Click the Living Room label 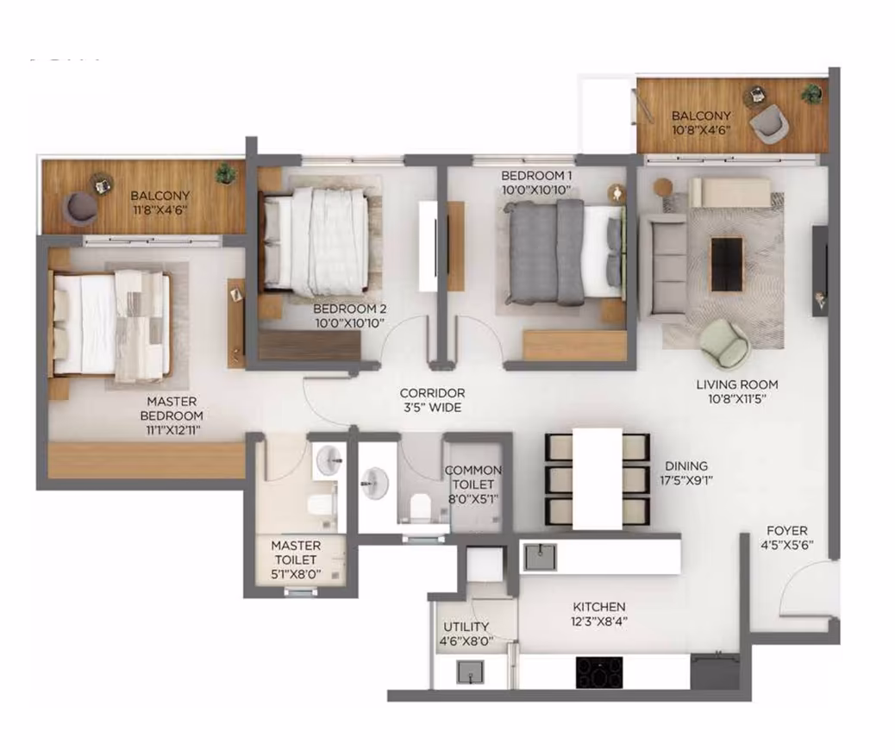coord(737,384)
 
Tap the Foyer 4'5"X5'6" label coord(787,538)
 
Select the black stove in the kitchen coord(599,672)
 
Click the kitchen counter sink coord(540,557)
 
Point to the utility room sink coord(470,672)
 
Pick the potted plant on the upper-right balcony coord(811,92)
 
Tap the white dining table coord(597,478)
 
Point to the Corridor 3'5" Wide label coord(432,400)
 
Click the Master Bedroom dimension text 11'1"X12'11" coord(172,430)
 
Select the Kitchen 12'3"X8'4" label coord(599,614)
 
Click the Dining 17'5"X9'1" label coord(686,473)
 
